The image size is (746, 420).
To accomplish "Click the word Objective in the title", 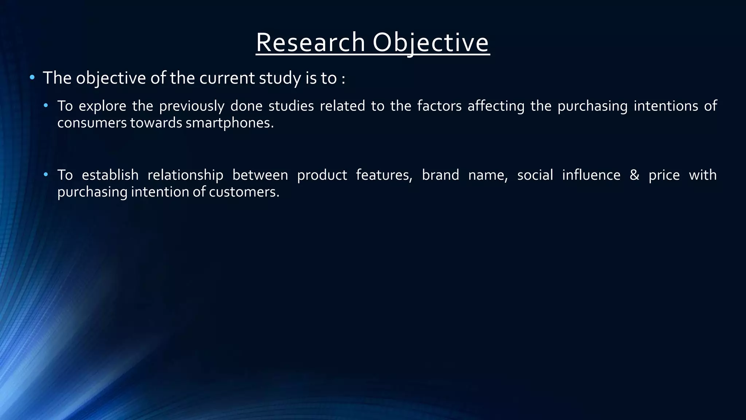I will (431, 43).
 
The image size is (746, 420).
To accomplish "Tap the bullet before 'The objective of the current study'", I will (32, 77).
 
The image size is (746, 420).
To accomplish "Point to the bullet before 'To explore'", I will (46, 106).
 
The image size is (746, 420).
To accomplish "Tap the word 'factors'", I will (439, 106).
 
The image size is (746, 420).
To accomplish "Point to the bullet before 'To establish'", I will (46, 175).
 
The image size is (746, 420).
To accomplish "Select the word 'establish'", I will (110, 175).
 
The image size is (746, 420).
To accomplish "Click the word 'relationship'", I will (185, 175).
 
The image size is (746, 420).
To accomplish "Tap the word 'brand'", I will (440, 175).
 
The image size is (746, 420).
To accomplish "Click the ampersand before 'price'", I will (635, 175).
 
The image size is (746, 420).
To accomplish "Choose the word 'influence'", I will (591, 175).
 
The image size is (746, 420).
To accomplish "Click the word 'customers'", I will (244, 192).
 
